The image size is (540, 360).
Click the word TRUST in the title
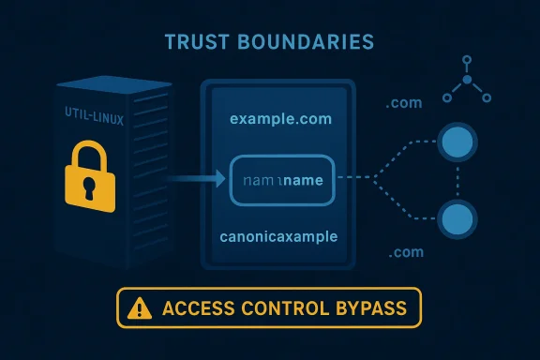(x=200, y=42)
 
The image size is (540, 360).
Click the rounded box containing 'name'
(x=281, y=178)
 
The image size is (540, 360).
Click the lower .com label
(x=404, y=253)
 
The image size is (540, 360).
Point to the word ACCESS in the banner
(x=193, y=307)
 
